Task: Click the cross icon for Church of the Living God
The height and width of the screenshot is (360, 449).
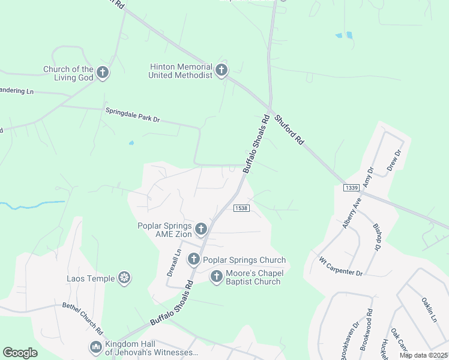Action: [x=103, y=73]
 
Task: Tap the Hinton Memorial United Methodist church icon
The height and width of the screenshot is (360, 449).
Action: [x=221, y=71]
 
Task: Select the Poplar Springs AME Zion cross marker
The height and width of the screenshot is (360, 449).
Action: [x=201, y=229]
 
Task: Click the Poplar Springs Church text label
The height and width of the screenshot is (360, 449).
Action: [x=244, y=260]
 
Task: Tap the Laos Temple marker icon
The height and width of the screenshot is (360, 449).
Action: [x=125, y=278]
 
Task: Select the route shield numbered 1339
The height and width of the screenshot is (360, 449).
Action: [x=352, y=188]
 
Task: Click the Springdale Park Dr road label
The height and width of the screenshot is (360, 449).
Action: [x=132, y=115]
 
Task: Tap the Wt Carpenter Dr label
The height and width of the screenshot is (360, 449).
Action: [x=340, y=268]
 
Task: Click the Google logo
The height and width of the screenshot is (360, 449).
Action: [x=20, y=352]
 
